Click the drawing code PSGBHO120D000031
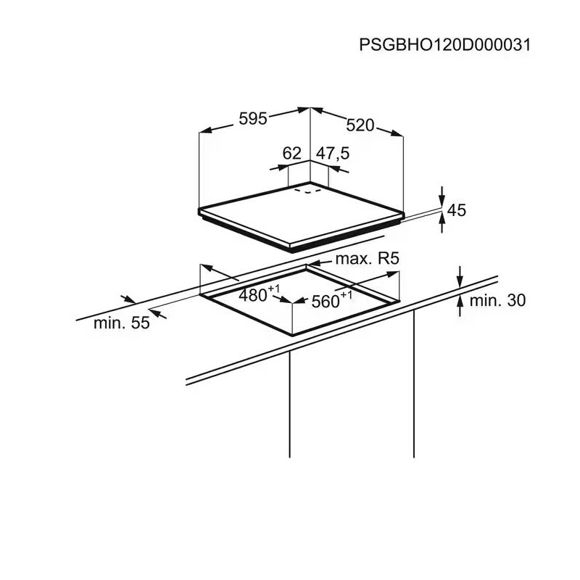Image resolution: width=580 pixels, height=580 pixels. pos(445,44)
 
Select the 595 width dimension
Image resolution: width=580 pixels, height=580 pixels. pos(254,118)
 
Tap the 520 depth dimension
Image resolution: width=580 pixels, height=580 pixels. pos(360,125)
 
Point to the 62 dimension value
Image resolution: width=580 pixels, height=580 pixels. pos(291,153)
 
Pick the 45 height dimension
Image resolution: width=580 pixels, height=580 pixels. pos(456,210)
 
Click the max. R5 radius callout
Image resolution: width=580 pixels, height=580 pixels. pos(368,259)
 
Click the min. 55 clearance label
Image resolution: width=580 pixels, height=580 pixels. pos(121,323)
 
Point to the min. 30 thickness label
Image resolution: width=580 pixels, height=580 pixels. pos(497,300)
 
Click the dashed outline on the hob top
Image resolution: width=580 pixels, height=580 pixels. pos(311,192)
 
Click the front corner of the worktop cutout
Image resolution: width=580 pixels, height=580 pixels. pos(292,334)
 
